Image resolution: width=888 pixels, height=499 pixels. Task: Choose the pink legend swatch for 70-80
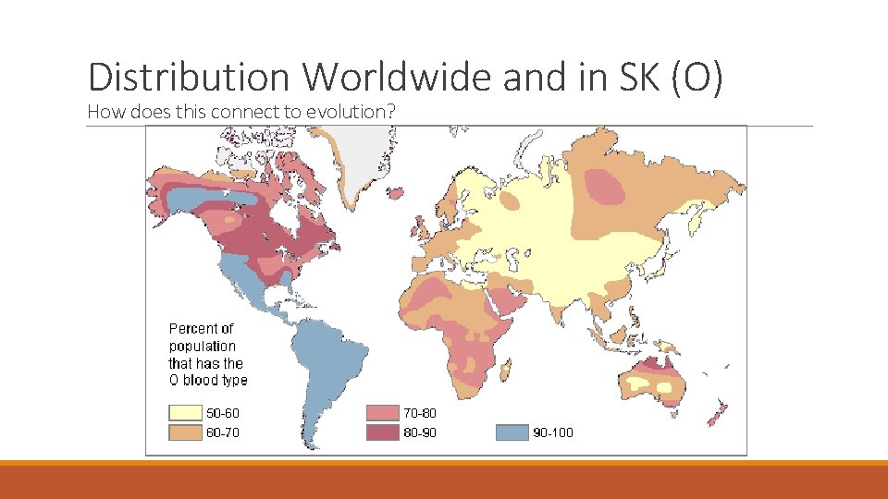pos(380,413)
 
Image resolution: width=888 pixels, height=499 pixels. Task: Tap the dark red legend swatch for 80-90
pos(380,432)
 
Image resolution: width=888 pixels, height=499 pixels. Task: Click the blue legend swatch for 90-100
pos(511,432)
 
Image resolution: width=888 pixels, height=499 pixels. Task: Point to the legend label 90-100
pos(553,432)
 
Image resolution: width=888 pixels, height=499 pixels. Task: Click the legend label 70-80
pos(421,413)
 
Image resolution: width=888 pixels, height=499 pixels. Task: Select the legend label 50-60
pos(223,413)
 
